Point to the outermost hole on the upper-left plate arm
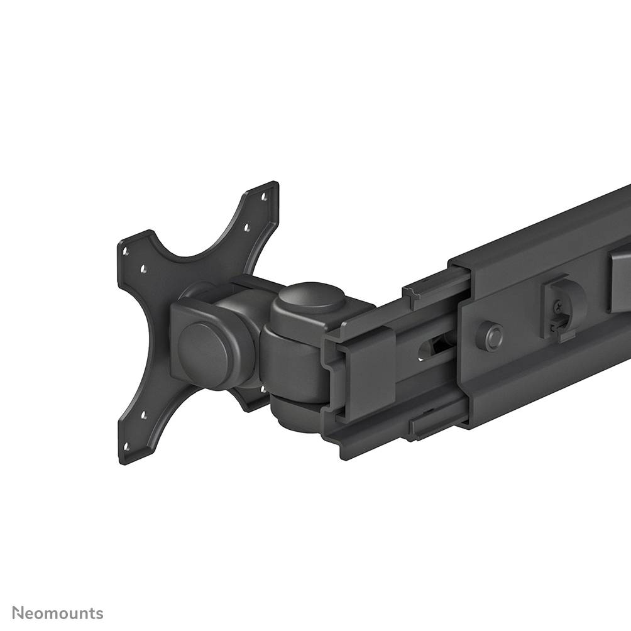tap(126, 251)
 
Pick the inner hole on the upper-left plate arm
tap(143, 269)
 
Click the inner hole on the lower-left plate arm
tap(144, 415)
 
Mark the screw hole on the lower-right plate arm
tap(264, 389)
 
